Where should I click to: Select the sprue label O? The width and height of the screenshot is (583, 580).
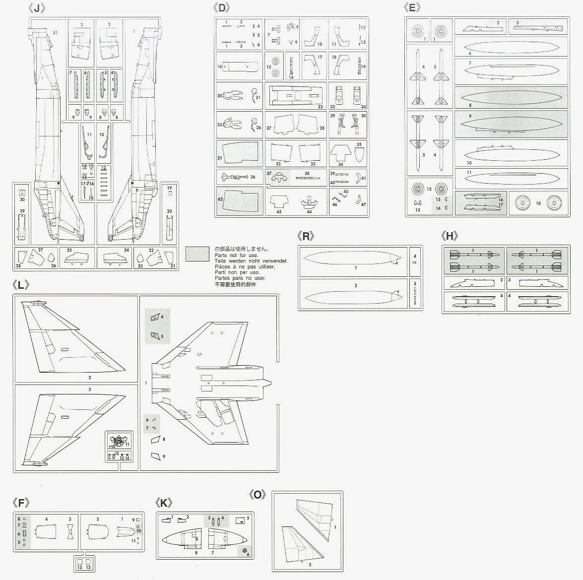click(258, 495)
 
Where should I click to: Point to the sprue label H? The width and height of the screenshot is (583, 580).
click(449, 236)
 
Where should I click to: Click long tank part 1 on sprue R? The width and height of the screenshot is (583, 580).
click(352, 259)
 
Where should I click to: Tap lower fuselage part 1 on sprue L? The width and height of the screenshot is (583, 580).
click(208, 382)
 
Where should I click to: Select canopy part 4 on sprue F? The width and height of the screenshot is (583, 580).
click(47, 535)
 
